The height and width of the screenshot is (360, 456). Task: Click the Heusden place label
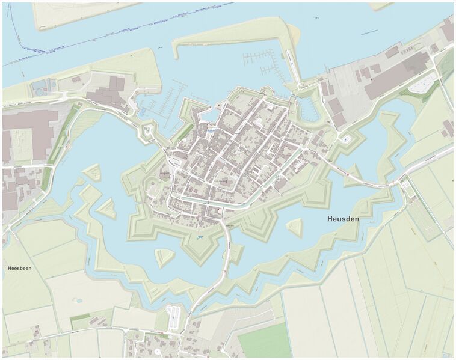coord(343,219)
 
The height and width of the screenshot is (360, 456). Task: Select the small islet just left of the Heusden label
coord(294,227)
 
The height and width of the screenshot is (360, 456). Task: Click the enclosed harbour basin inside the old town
coord(212,115)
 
